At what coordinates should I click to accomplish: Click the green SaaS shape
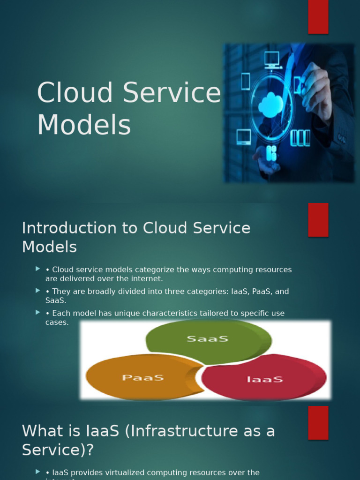point(208,339)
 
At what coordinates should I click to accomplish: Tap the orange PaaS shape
point(141,377)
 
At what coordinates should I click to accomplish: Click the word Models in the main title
point(84,126)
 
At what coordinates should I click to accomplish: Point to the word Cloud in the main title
point(75,93)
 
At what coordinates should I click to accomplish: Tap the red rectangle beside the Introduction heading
point(318,220)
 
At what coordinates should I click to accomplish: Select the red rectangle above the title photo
point(318,17)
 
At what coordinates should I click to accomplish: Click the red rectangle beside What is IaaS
point(318,423)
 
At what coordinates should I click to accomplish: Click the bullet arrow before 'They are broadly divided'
point(37,291)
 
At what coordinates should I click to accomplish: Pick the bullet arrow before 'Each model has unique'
point(37,312)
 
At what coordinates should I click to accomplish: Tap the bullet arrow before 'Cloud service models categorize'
point(37,269)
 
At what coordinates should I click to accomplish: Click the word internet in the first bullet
point(147,279)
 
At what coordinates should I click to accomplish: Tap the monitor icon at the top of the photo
point(272,59)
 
